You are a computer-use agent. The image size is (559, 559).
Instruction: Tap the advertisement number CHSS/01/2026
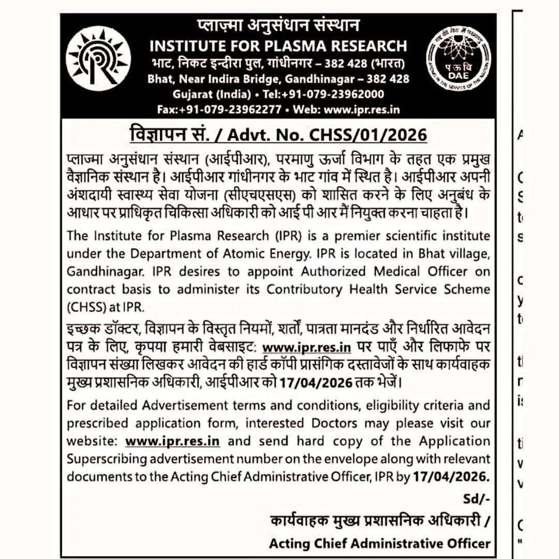[368, 135]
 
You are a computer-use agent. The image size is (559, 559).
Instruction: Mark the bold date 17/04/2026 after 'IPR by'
[451, 476]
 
